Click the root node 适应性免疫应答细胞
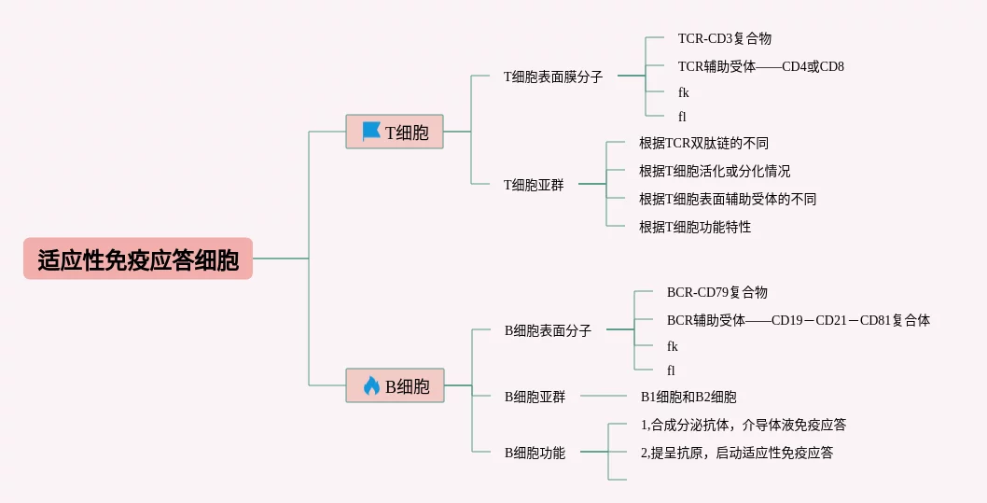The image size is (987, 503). point(138,259)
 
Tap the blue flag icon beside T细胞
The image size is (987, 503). point(371,132)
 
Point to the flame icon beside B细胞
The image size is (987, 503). point(371,385)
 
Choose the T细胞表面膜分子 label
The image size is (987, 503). point(553,77)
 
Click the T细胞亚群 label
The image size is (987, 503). point(534,185)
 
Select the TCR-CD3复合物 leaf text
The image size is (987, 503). point(725,39)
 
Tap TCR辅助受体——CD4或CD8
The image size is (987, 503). point(761,66)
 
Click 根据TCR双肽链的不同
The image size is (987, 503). point(703,144)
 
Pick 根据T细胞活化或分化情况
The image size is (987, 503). point(715,172)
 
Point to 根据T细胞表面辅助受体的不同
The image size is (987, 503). point(728,199)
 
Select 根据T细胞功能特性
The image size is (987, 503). point(695,227)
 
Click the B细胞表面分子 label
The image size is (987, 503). point(548,330)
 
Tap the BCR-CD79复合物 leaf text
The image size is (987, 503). point(717,293)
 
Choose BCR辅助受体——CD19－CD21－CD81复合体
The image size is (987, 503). point(799,320)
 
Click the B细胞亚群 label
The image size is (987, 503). point(535,397)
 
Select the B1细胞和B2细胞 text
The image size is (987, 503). point(688,397)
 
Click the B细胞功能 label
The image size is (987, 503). point(535,453)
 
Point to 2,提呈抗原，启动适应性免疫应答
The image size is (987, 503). point(737,453)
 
